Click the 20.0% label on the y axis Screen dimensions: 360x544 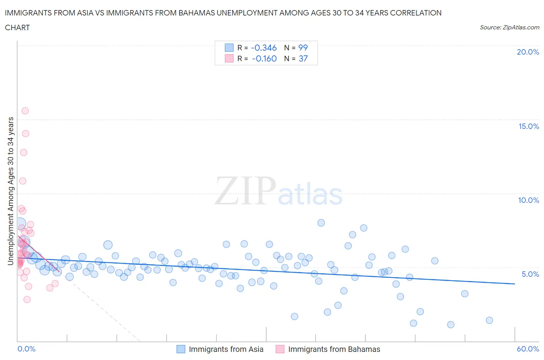[528, 52]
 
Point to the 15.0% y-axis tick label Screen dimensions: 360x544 [529, 126]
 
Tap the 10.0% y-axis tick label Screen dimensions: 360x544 [529, 200]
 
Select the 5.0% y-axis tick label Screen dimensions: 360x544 [530, 274]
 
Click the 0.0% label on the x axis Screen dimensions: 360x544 [26, 349]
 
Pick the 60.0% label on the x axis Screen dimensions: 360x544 [528, 349]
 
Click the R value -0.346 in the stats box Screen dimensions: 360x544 [263, 48]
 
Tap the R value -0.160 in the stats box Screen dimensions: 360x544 [264, 58]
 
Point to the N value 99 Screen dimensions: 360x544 [303, 48]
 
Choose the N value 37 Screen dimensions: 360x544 [303, 58]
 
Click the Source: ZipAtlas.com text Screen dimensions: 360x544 [509, 27]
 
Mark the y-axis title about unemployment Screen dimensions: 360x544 [11, 191]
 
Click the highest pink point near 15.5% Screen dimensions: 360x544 [25, 111]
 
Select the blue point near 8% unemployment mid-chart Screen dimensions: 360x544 [321, 223]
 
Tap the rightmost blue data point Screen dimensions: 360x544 [489, 320]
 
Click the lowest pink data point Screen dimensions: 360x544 [27, 299]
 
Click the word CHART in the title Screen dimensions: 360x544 [17, 27]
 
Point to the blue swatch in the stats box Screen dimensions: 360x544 [229, 48]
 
